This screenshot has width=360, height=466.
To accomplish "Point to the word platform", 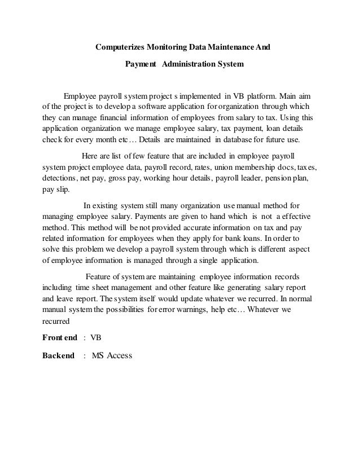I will click(260, 95).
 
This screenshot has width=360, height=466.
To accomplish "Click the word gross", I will click(140, 178).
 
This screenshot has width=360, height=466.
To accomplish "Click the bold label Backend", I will click(58, 356).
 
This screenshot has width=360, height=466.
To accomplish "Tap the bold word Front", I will click(52, 337).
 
